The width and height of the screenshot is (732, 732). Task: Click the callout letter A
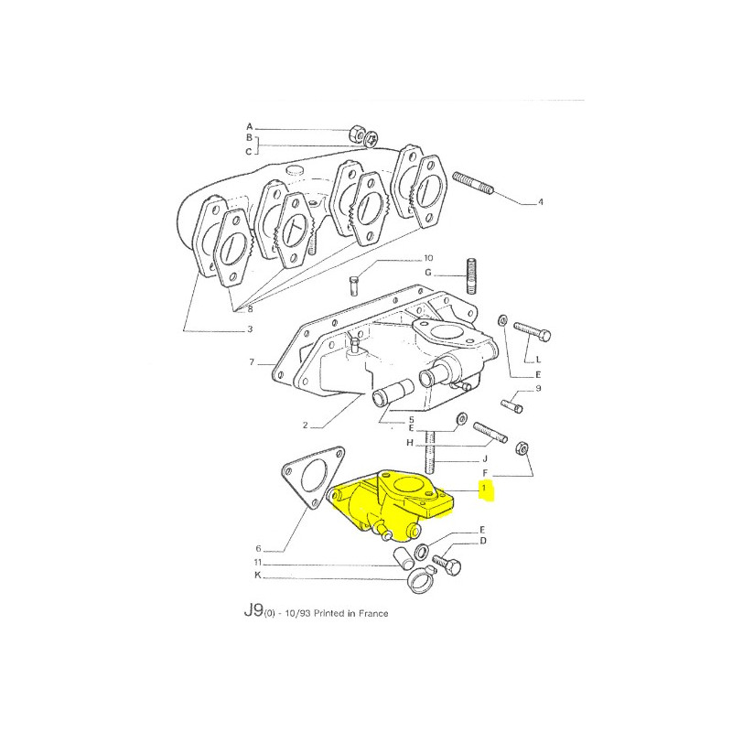249,126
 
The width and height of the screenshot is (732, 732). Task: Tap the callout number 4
541,202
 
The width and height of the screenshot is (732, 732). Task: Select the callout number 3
250,329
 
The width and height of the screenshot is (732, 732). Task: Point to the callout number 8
250,309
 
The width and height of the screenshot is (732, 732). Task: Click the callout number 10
428,258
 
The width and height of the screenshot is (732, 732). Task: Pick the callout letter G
428,273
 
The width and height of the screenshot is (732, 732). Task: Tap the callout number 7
252,361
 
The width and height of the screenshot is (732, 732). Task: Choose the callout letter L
538,360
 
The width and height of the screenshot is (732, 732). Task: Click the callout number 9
538,388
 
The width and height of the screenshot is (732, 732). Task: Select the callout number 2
305,425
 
